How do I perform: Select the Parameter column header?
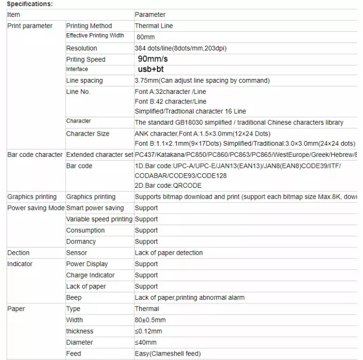point(150,15)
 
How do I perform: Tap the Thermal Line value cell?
point(154,26)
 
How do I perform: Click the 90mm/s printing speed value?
point(153,59)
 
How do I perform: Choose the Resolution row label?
point(81,48)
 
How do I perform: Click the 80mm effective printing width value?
point(145,37)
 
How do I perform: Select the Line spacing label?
point(84,80)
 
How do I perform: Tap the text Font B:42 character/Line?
point(170,102)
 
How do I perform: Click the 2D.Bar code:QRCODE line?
point(168,185)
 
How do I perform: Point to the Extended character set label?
point(99,155)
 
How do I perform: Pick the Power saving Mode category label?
point(36,208)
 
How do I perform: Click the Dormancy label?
point(81,242)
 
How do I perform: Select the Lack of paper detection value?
point(169,253)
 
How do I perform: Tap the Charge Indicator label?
point(90,275)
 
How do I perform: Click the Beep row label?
point(74,297)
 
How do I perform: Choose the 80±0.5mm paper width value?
point(150,320)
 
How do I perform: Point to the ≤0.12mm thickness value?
point(148,331)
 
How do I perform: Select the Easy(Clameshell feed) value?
point(168,354)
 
